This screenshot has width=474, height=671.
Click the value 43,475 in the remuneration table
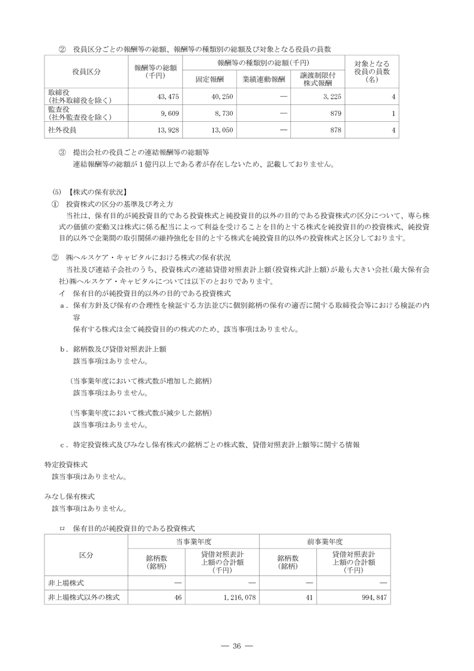[166, 97]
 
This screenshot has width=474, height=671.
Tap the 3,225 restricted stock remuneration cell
[332, 97]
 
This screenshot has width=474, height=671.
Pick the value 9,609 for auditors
[167, 113]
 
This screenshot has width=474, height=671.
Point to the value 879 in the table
[336, 113]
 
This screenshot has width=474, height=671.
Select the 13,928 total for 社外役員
[166, 130]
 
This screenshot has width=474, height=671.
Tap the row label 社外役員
[62, 130]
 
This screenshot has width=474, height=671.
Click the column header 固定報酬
[209, 79]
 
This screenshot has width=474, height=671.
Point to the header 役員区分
[86, 71]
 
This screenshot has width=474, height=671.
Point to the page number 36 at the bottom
[236, 646]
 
